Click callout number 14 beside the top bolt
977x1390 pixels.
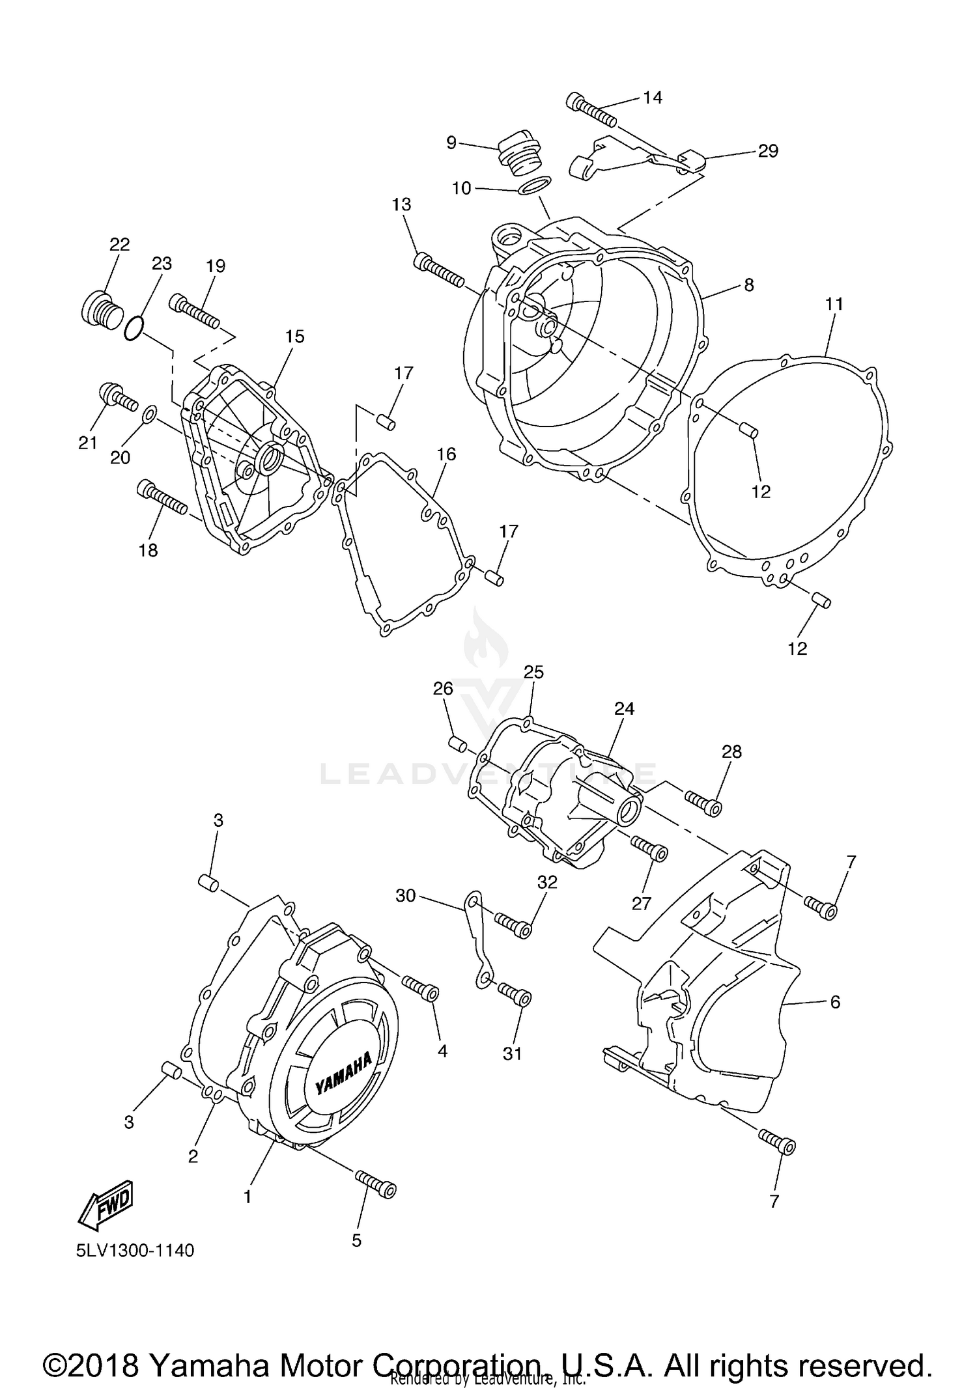point(652,98)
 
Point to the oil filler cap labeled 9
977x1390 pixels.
point(515,156)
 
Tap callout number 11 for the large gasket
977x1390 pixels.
point(834,303)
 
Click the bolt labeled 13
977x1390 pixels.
point(438,271)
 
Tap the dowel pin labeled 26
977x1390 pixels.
point(457,743)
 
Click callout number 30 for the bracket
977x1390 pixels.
point(405,896)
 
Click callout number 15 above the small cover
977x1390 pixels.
point(294,337)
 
